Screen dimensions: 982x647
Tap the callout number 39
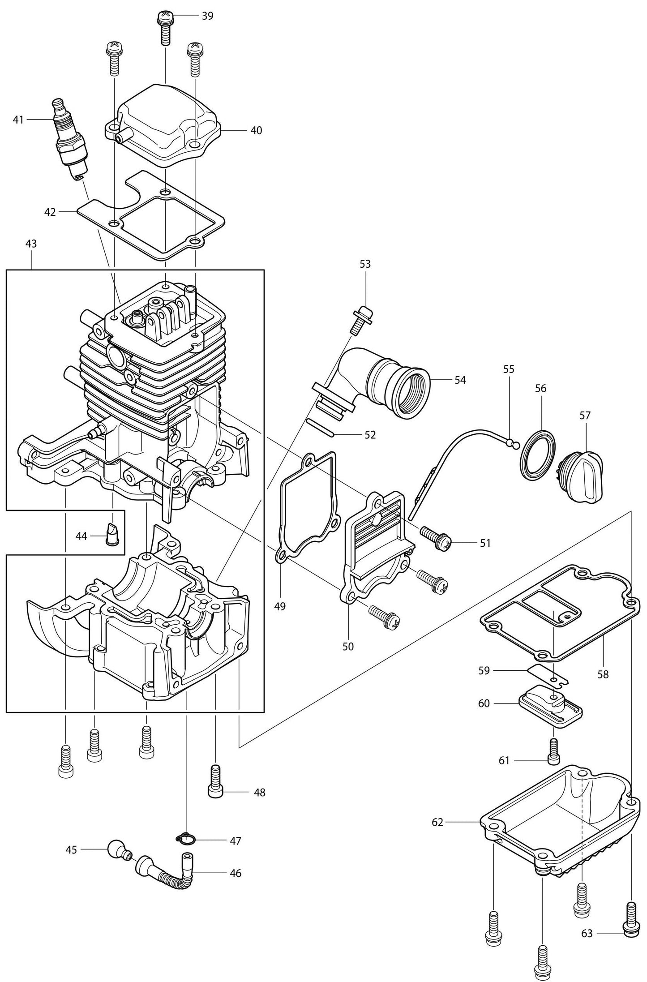(207, 16)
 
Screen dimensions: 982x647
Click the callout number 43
(31, 244)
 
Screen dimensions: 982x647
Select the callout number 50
(348, 646)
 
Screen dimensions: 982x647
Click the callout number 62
(437, 822)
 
